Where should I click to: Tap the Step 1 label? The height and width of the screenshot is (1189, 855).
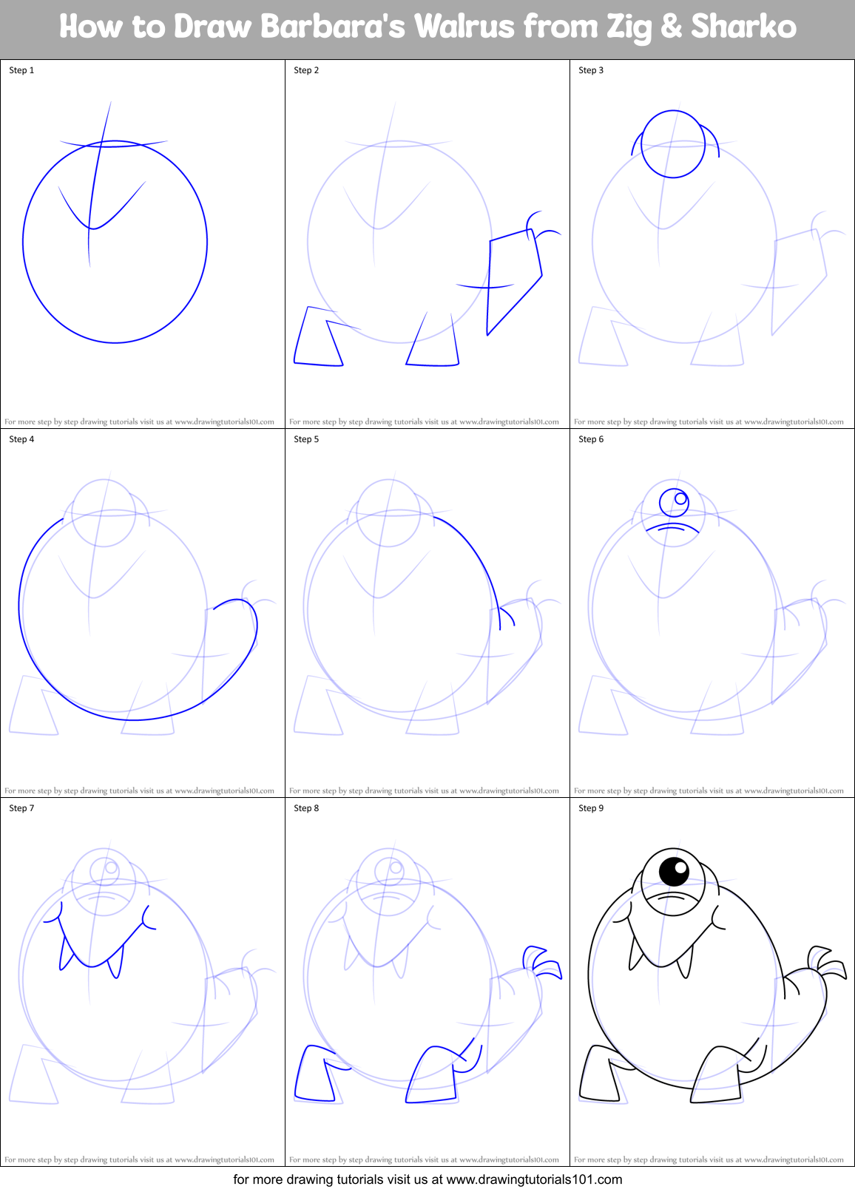pos(21,70)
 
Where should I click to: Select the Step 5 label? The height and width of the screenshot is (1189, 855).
pos(306,439)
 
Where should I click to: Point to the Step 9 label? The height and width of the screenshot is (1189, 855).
pos(591,808)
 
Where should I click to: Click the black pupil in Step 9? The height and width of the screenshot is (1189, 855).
pos(674,871)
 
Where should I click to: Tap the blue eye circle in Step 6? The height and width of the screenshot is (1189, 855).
pos(674,502)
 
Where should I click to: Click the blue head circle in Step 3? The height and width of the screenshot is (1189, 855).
pos(672,143)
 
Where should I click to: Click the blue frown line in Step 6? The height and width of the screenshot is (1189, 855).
pos(672,527)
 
